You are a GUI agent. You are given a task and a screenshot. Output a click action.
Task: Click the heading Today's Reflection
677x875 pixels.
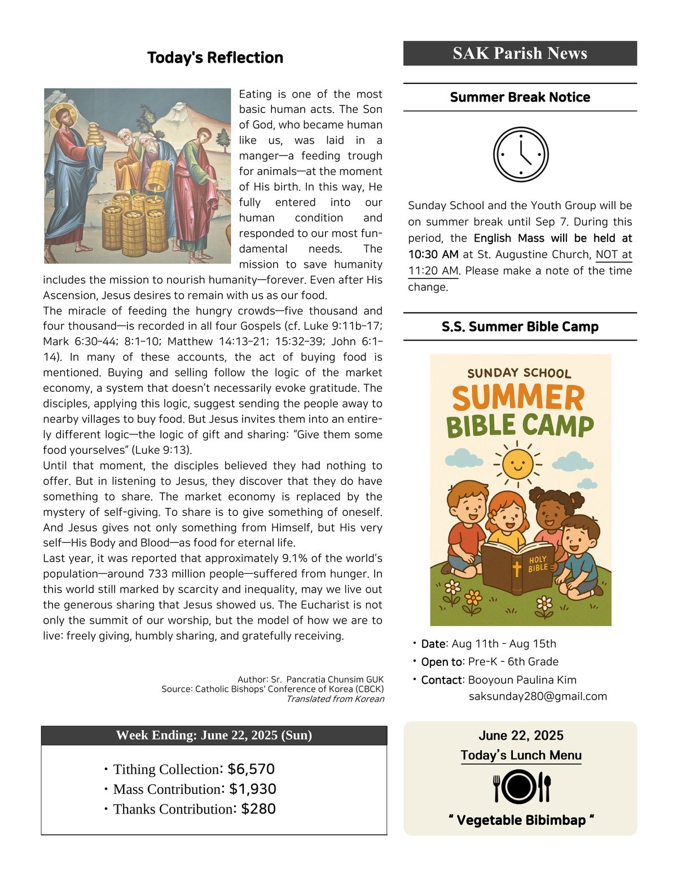[215, 58]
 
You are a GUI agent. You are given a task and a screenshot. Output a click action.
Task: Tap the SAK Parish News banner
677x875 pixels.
[520, 53]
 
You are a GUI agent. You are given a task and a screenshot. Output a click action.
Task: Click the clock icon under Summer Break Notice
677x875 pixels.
[520, 154]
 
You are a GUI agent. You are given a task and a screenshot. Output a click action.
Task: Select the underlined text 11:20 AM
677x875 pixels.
[433, 271]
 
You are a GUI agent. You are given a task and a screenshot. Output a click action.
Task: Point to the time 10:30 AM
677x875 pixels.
[433, 254]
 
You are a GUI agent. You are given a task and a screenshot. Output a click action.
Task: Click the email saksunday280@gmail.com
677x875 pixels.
[538, 696]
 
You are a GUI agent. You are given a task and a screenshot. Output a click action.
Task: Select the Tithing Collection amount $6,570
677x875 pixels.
[251, 769]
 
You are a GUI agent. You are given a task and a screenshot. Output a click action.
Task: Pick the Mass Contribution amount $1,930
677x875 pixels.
[253, 789]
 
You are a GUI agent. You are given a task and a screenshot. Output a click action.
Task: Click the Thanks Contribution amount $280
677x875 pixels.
[258, 808]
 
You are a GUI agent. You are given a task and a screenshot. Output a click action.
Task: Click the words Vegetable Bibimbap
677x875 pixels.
[521, 820]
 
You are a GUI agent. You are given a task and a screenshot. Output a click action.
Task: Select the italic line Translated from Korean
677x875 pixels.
[335, 699]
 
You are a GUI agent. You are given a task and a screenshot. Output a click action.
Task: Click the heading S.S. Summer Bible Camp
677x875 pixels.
[520, 326]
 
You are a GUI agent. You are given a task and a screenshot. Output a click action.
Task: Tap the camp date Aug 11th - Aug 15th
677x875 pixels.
[504, 644]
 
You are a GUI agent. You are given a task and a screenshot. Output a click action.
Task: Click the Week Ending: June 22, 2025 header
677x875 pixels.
[214, 735]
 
